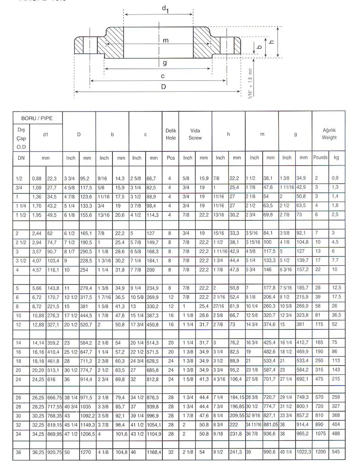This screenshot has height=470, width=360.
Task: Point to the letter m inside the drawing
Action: pos(165,40)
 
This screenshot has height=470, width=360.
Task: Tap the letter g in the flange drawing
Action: pos(165,63)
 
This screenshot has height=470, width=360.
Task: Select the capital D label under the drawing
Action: pos(163,86)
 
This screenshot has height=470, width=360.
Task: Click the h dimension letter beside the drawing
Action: pos(271,42)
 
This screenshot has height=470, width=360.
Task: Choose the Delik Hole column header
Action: pos(170,134)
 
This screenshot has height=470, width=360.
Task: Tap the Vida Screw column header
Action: pos(195,134)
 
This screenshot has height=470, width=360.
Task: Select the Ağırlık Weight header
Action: pos(328,134)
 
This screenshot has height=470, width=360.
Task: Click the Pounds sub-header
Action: pos(321,158)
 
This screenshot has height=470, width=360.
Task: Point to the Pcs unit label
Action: pos(170,158)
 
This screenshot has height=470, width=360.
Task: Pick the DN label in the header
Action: pos(21,158)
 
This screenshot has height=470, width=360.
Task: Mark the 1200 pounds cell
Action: pos(320,452)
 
